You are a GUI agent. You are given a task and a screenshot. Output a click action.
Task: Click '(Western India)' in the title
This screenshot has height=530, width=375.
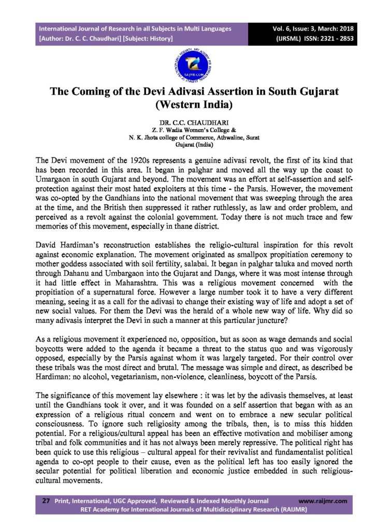coord(187,107)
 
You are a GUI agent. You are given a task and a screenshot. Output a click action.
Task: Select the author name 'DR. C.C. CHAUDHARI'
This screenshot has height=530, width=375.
coord(187,124)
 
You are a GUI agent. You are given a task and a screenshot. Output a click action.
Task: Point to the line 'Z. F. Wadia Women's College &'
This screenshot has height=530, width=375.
coord(187,131)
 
